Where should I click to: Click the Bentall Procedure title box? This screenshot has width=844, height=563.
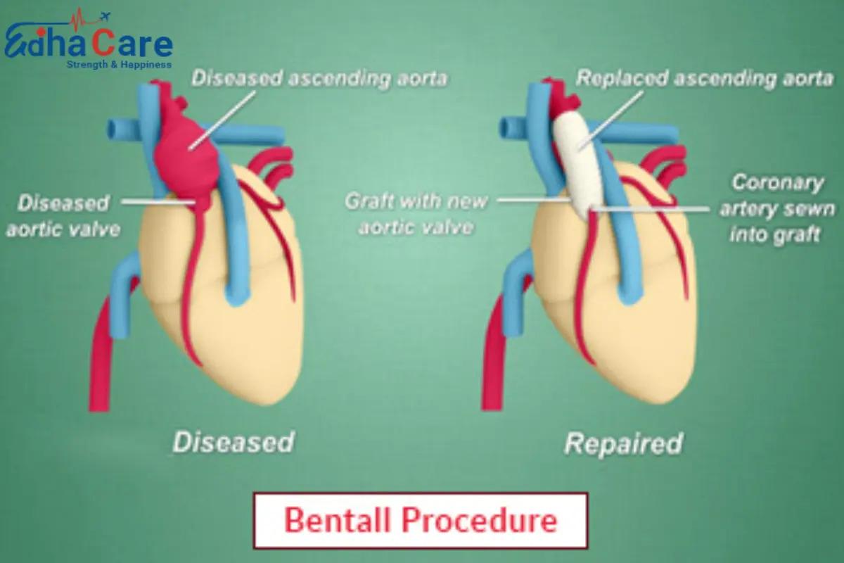click(420, 521)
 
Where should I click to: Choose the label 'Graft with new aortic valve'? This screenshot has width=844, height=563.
click(416, 214)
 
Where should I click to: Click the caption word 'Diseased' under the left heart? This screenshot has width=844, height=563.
click(233, 443)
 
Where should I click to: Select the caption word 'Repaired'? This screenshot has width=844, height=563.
click(623, 443)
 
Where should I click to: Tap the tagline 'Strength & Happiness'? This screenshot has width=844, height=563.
click(118, 65)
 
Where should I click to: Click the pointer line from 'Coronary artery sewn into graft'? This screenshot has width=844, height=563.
click(654, 208)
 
